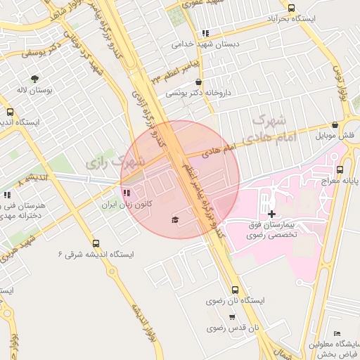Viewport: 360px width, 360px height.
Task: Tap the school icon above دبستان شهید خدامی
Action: [205, 33]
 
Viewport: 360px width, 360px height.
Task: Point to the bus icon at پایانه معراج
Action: [340, 169]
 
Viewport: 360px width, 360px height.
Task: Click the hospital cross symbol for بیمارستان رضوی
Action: [272, 213]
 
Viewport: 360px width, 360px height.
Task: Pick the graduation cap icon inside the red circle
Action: [174, 220]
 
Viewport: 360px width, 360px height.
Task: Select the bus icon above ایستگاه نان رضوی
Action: [234, 289]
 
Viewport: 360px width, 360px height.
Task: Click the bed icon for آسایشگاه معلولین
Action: [338, 333]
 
